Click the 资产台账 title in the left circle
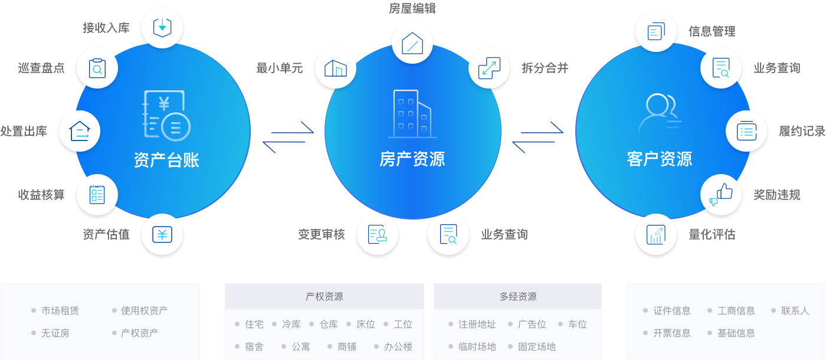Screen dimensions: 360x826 (x=166, y=159)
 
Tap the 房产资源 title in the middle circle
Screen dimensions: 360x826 (x=412, y=159)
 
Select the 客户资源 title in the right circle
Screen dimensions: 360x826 (x=659, y=159)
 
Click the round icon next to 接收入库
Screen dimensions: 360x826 (x=162, y=27)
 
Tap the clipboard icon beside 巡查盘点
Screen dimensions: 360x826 (x=97, y=68)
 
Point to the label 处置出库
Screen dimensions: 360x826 (x=24, y=131)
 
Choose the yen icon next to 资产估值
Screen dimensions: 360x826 (x=162, y=234)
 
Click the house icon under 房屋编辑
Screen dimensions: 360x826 (x=412, y=43)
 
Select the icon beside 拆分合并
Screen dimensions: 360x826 (x=489, y=68)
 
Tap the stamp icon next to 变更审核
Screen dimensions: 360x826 (x=378, y=234)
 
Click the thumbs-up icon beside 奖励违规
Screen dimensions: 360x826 (x=720, y=194)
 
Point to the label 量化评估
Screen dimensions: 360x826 (x=712, y=234)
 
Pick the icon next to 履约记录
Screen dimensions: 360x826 (x=746, y=131)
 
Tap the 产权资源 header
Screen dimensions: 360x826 (x=324, y=296)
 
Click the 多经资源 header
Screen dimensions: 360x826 (x=517, y=296)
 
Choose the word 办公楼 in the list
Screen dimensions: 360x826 (x=398, y=346)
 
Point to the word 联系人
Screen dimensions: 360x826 (x=795, y=310)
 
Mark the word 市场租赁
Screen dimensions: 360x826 (x=60, y=310)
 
